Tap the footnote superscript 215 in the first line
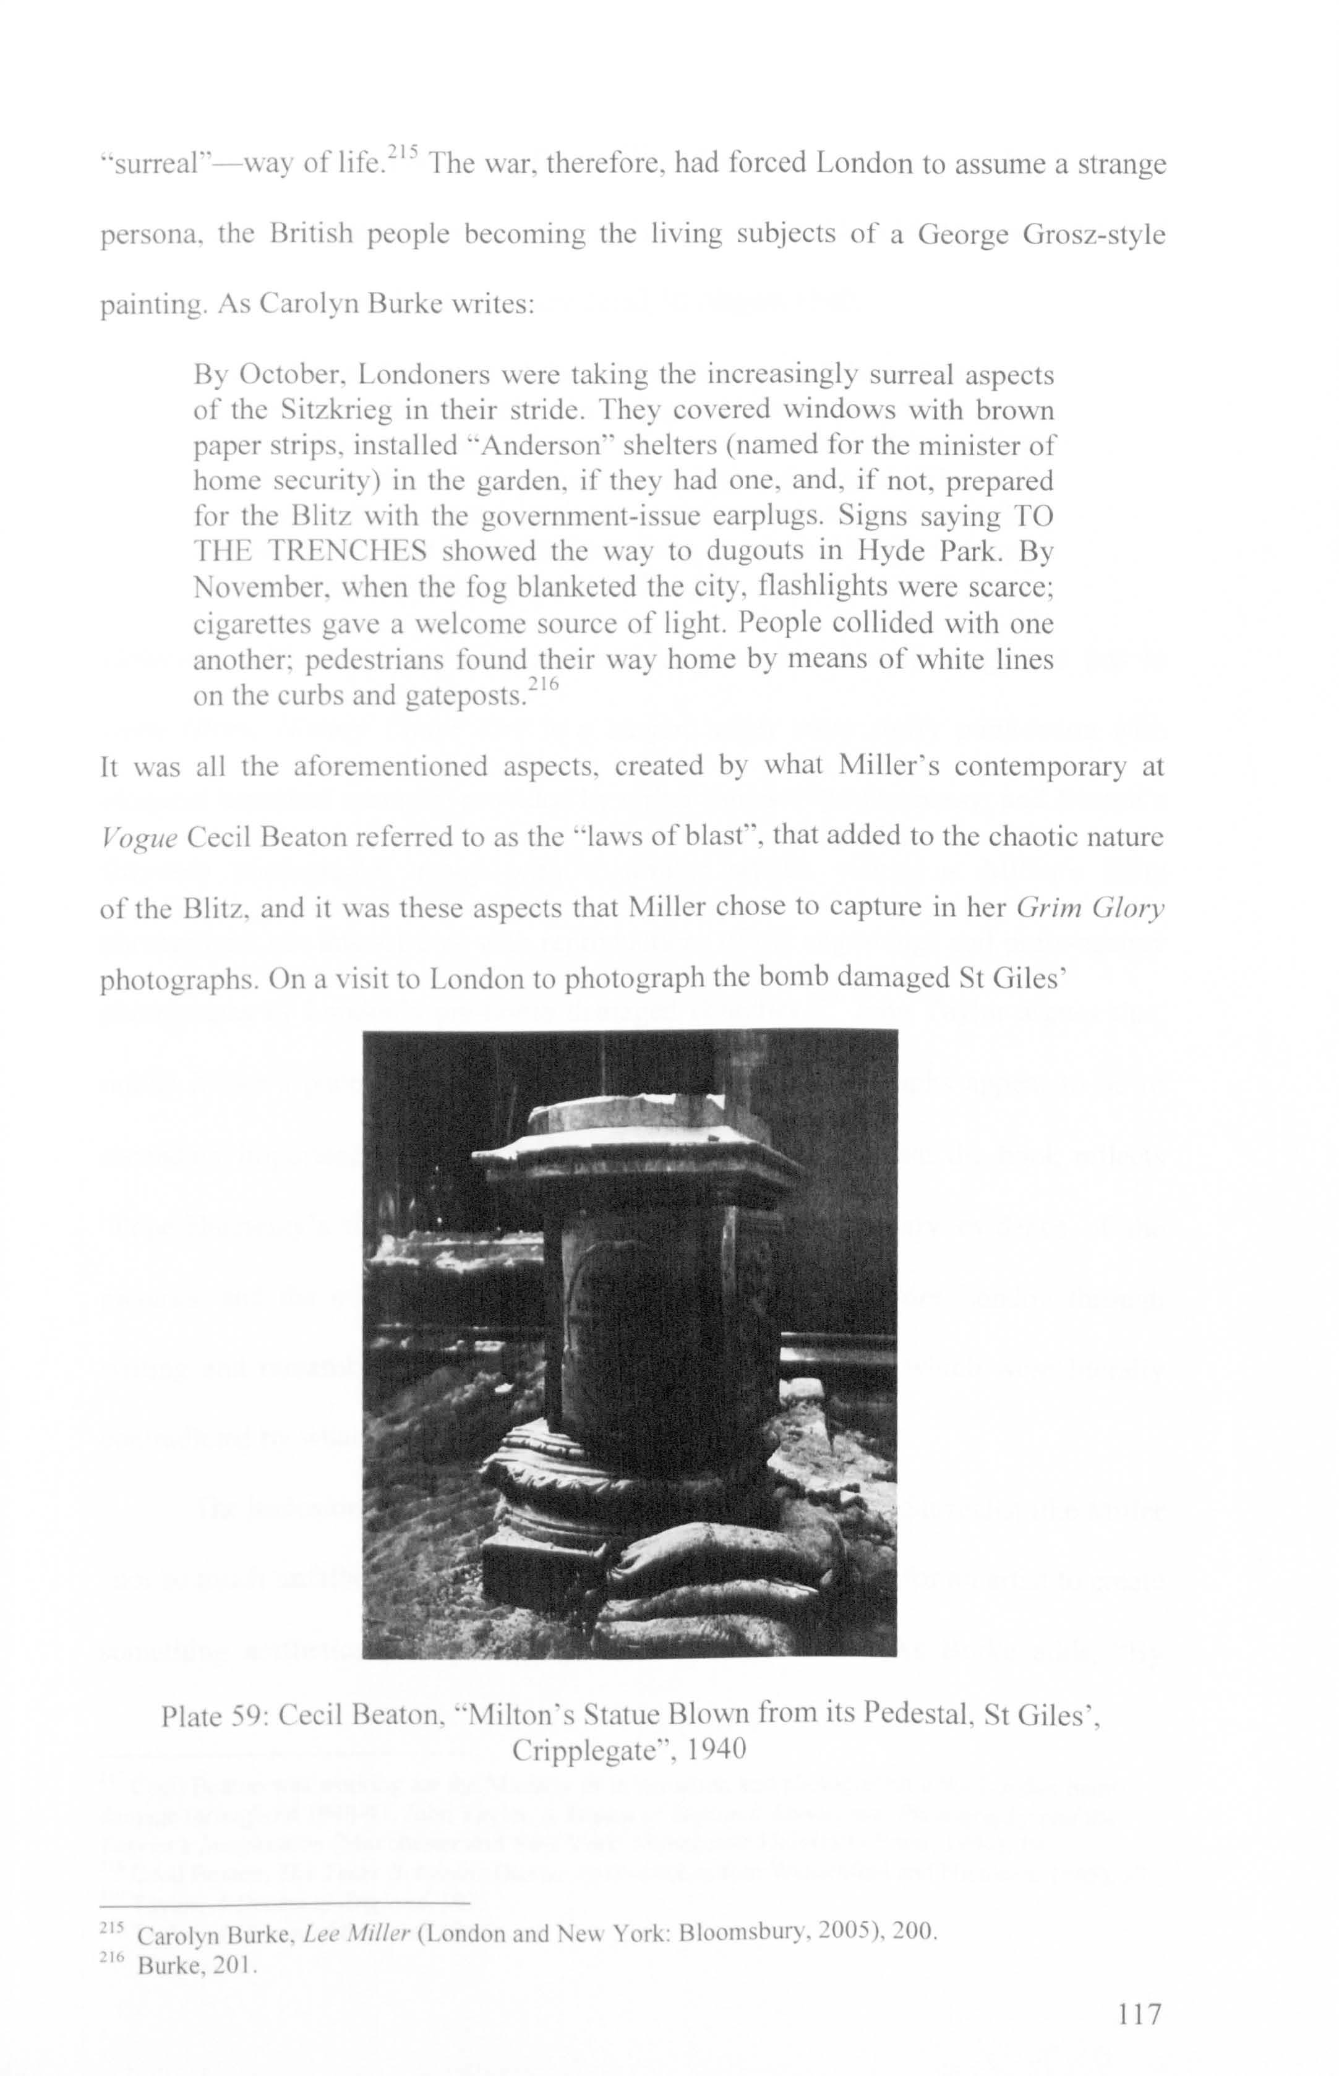tap(403, 152)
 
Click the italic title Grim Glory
tap(1090, 908)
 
